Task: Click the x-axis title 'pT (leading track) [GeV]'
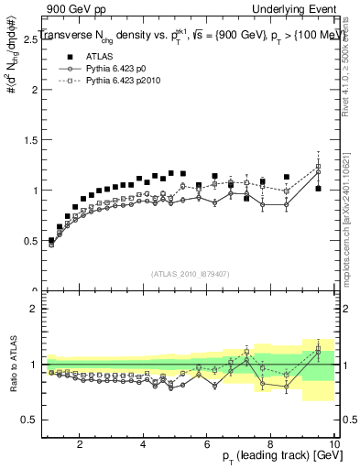pyautogui.click(x=275, y=457)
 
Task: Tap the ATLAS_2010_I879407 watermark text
pyautogui.click(x=190, y=274)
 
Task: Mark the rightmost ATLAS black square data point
pyautogui.click(x=318, y=189)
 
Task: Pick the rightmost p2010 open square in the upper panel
pyautogui.click(x=318, y=168)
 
